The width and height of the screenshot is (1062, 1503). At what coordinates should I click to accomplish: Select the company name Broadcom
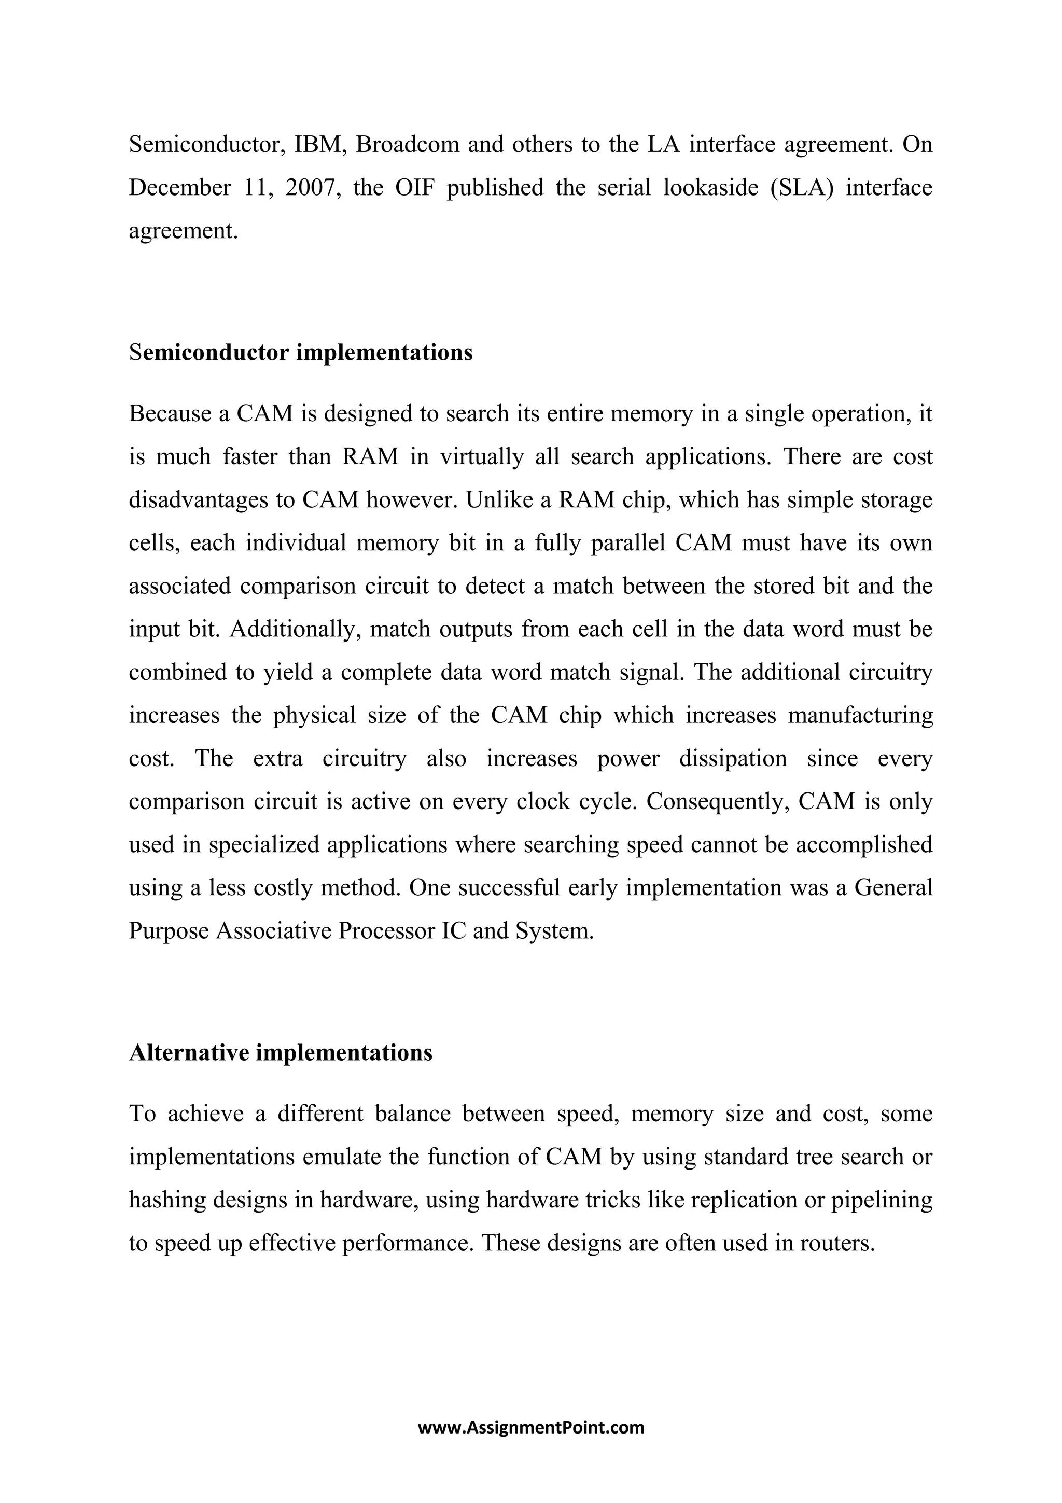coord(408,144)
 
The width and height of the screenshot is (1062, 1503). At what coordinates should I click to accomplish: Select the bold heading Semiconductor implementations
coord(300,352)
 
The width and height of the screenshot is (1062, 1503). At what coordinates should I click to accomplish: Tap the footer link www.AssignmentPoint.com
coord(530,1427)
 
